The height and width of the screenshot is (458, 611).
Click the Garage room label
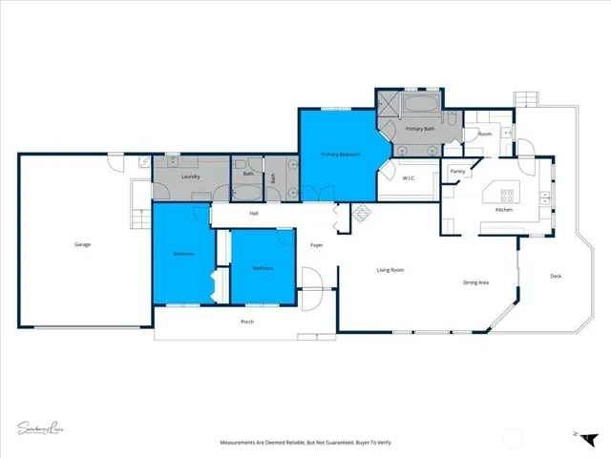click(x=83, y=245)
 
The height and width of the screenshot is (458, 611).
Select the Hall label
click(x=254, y=213)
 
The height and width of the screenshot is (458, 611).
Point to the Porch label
click(x=247, y=322)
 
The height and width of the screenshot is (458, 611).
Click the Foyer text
click(x=316, y=245)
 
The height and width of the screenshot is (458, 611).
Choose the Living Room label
click(x=390, y=270)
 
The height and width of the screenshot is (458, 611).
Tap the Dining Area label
click(x=476, y=282)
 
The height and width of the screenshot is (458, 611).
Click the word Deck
click(x=556, y=277)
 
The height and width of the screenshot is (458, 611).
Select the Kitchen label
click(x=504, y=209)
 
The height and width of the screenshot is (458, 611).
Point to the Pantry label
click(x=457, y=172)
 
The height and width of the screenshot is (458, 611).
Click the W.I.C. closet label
click(x=408, y=178)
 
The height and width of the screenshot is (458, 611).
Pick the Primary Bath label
click(x=420, y=128)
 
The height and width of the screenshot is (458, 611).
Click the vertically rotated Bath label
click(x=273, y=177)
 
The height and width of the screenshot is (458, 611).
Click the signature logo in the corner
click(x=42, y=427)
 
